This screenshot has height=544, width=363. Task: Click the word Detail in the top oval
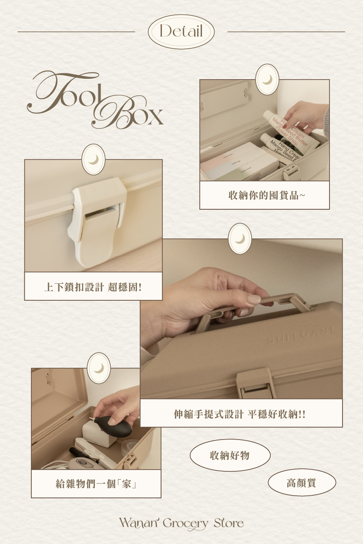click(181, 32)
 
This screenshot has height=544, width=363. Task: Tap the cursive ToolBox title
click(95, 100)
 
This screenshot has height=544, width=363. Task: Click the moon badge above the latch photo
click(93, 159)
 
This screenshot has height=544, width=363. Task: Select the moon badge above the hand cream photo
click(267, 79)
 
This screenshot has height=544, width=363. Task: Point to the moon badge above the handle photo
click(240, 238)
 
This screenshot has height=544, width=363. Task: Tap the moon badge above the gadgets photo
click(99, 368)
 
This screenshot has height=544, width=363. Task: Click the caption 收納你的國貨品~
click(266, 195)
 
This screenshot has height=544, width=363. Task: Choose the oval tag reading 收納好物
click(230, 455)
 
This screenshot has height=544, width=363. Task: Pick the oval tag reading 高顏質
click(302, 483)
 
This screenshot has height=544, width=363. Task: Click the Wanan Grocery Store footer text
click(181, 523)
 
